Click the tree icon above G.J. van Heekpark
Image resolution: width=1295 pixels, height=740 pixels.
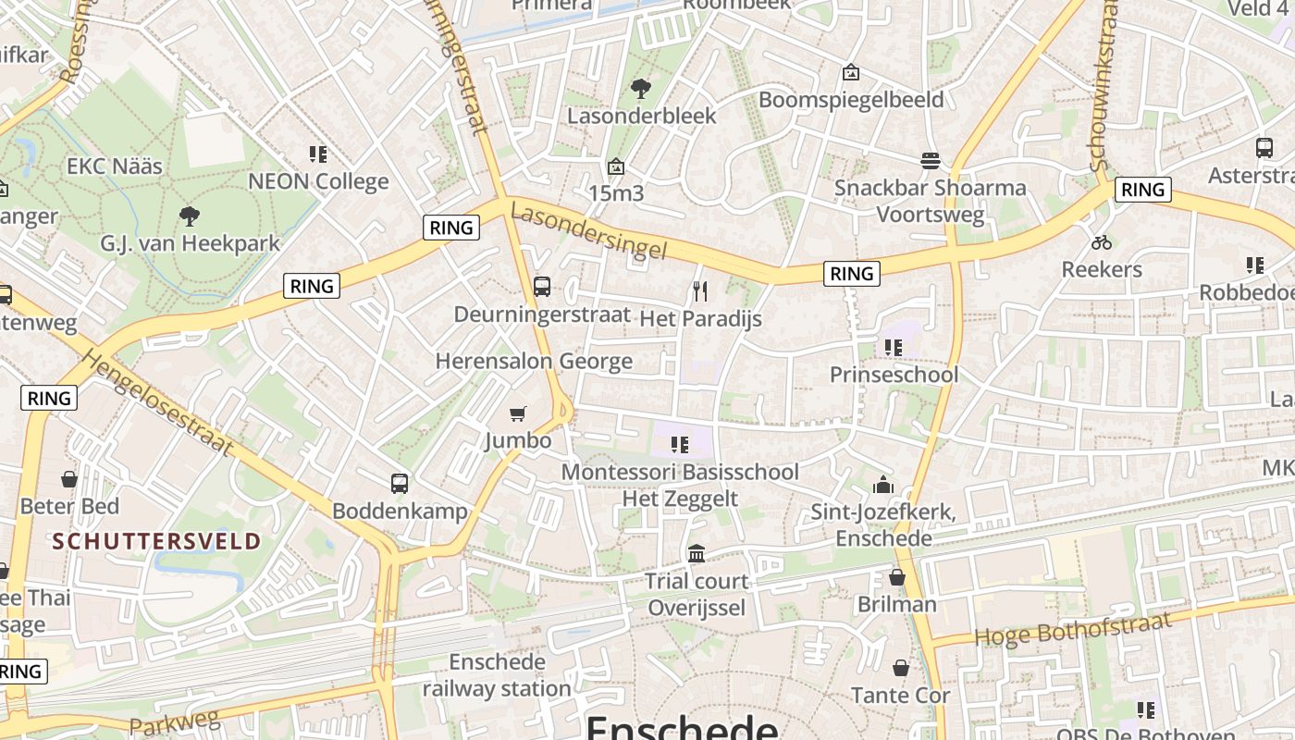[x=190, y=216]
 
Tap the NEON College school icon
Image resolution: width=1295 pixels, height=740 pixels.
[x=318, y=154]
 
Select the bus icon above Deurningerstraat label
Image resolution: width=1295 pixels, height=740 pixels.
[x=542, y=287]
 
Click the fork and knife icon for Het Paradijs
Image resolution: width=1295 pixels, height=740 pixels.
[x=700, y=291]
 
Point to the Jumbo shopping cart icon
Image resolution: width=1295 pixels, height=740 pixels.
[x=518, y=413]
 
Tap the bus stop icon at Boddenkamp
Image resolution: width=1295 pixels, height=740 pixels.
[x=400, y=483]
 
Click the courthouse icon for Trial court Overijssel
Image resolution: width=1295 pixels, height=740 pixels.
[x=697, y=553]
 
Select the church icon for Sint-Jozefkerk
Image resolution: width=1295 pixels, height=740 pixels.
[x=883, y=484]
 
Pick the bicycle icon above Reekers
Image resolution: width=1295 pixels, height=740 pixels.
[x=1102, y=242]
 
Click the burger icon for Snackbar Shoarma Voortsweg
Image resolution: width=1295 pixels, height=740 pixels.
[x=931, y=161]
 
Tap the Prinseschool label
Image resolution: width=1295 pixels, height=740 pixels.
[x=894, y=375]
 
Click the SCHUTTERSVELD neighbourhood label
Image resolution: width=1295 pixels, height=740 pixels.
[x=156, y=541]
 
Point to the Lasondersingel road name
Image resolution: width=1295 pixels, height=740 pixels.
[x=588, y=232]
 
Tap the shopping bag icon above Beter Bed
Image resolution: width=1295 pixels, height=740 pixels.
[x=69, y=479]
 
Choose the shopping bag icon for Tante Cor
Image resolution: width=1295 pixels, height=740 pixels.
[x=901, y=668]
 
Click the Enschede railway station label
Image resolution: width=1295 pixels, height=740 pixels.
[x=497, y=675]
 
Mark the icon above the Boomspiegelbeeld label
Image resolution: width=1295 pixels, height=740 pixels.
[x=851, y=72]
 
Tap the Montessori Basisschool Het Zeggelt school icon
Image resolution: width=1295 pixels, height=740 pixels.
[x=680, y=445]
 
